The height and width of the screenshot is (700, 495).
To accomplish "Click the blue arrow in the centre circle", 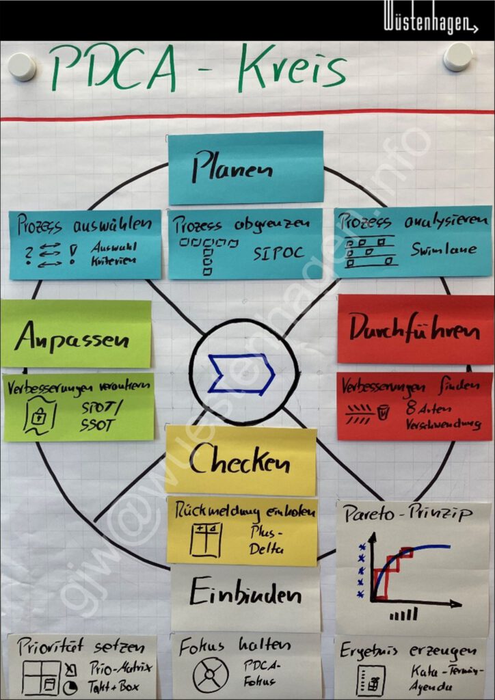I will tap(242, 374).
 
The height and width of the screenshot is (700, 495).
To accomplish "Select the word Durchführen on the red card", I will tap(414, 329).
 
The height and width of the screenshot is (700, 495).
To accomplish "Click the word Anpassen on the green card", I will tap(72, 336).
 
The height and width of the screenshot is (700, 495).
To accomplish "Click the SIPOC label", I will tap(278, 254).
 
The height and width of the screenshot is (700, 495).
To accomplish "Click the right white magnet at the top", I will tap(457, 57).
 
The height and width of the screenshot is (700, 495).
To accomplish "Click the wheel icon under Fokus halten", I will tap(210, 674).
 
